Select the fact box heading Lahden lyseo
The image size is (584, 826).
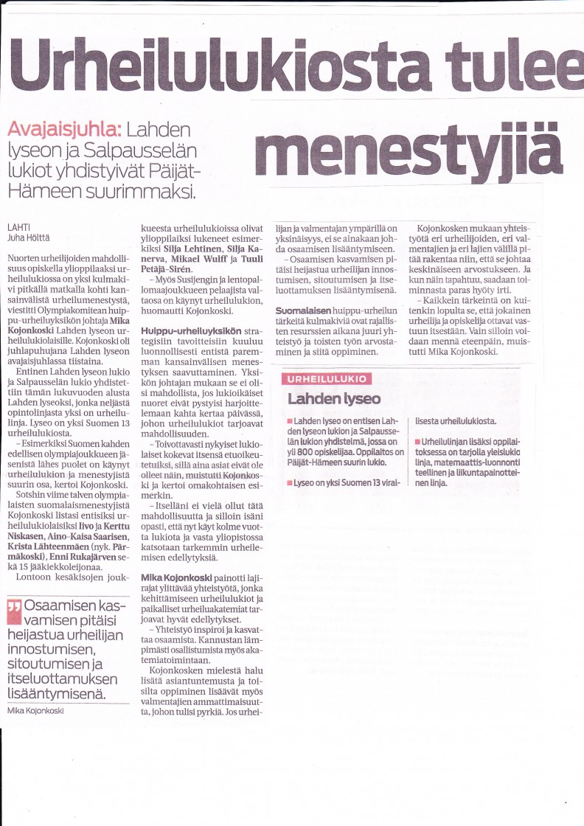point(334,399)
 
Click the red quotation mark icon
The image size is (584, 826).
point(13,608)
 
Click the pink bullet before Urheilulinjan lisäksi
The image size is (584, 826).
point(417,440)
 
